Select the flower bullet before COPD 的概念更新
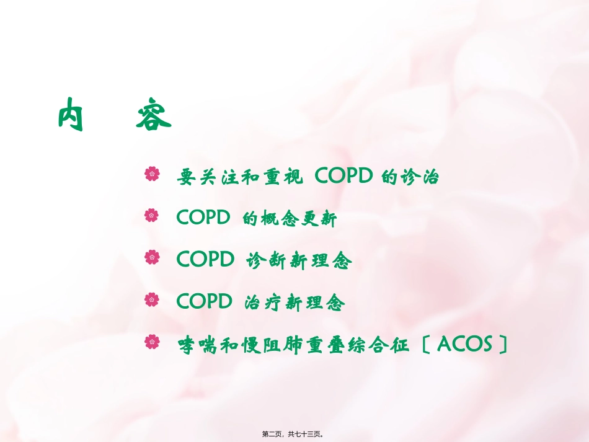coord(152,216)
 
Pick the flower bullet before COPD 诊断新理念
coord(152,257)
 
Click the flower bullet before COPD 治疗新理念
coord(152,299)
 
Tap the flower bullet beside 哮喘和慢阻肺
coord(152,341)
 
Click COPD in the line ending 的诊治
coord(343,177)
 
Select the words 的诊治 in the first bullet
coord(410,177)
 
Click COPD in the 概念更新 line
coord(203,218)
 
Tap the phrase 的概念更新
coord(289,219)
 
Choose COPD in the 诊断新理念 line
coord(203,259)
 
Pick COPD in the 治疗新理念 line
coord(203,301)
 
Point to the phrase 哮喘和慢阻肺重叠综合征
coord(293,344)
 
